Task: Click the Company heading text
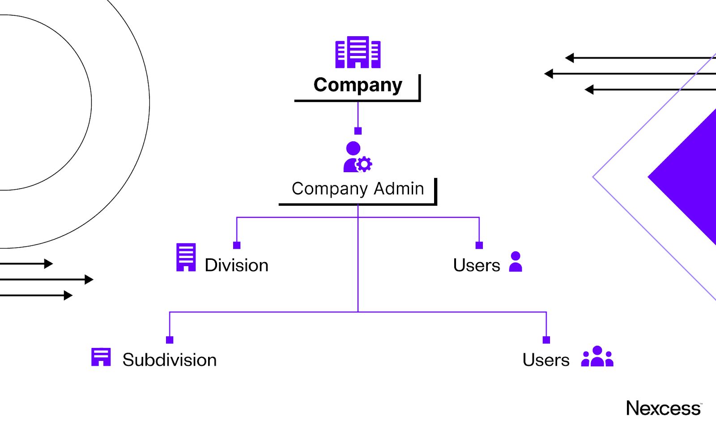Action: pos(358,85)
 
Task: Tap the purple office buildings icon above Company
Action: pos(358,52)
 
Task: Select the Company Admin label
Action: pos(358,189)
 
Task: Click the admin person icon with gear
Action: pos(356,157)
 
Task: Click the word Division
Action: pos(236,265)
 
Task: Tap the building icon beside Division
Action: pos(186,257)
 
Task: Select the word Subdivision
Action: pos(170,360)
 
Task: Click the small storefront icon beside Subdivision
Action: pos(101,357)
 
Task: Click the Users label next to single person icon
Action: pos(476,265)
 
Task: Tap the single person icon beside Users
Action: pos(516,262)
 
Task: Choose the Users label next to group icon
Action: pos(546,360)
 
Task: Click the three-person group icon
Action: pos(597,356)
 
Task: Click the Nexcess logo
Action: pos(664,408)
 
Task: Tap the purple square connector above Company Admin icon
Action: pos(358,131)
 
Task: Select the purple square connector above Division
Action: pos(237,245)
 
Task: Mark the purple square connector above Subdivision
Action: pos(170,340)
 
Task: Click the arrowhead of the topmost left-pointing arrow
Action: pos(569,58)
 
